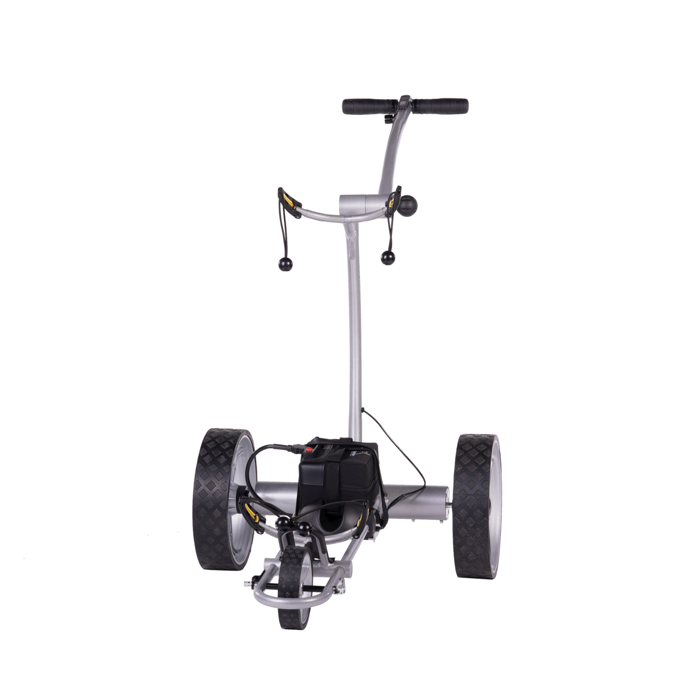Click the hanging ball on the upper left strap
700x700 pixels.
(285, 264)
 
